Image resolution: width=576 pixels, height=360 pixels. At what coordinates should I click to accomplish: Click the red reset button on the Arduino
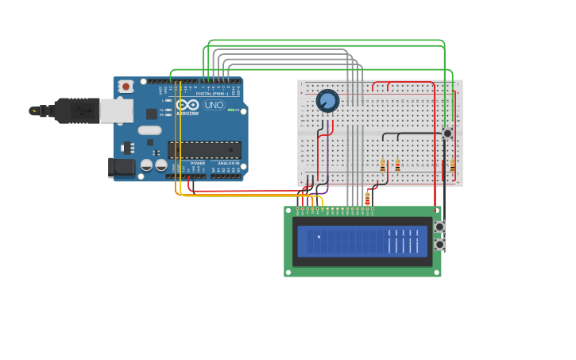coord(126,87)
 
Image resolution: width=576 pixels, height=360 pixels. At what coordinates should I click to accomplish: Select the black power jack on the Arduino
coord(119,167)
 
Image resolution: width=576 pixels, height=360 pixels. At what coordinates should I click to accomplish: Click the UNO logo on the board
coord(214,105)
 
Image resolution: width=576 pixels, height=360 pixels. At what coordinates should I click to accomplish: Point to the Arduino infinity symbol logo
coord(187,105)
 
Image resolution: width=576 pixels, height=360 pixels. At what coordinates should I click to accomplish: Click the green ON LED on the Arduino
coord(230,110)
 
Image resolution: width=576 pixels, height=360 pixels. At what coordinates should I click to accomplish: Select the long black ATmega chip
coord(204,149)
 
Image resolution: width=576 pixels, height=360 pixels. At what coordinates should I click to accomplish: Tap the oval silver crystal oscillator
coord(149,130)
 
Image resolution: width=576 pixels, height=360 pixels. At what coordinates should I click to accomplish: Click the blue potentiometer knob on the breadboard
coord(327,101)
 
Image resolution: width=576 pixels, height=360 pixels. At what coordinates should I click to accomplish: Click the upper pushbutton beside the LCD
coord(439,226)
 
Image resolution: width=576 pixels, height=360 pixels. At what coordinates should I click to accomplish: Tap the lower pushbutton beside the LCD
coord(439,245)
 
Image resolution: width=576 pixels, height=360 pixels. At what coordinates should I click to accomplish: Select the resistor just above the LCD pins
coord(367,198)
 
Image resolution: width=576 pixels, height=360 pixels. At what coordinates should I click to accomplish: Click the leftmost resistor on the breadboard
coord(383,165)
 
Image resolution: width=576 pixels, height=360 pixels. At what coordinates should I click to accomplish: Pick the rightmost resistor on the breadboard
coord(453,165)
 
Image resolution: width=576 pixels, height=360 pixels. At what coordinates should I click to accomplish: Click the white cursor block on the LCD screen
coord(319,237)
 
